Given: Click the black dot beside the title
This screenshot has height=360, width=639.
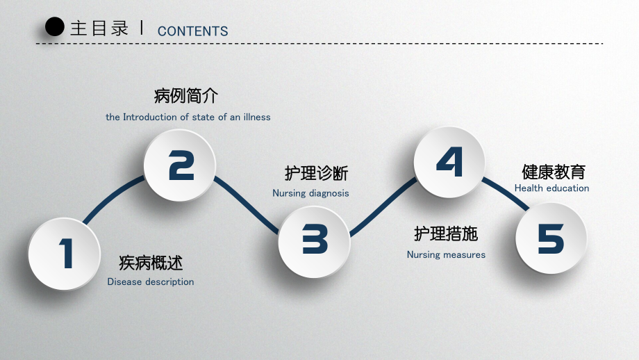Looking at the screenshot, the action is tap(55, 27).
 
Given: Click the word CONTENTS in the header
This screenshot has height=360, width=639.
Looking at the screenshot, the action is tap(193, 31).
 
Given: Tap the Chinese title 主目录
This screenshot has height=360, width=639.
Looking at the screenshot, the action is tap(99, 28).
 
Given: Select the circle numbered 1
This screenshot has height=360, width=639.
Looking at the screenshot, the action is tap(65, 254).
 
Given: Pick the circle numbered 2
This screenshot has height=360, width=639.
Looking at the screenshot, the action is tap(180, 165).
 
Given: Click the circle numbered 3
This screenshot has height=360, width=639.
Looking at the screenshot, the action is tap(314, 242).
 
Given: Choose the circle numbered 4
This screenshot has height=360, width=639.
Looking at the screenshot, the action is tap(449, 162).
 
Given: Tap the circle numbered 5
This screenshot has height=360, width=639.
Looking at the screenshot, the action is tap(551, 238).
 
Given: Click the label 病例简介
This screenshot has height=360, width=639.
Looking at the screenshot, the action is tap(186, 96).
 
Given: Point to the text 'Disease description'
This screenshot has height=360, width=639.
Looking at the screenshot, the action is tap(151, 281).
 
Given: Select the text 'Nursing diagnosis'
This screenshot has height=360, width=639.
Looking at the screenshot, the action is tap(310, 193).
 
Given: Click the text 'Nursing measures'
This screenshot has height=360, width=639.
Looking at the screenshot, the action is tap(446, 255).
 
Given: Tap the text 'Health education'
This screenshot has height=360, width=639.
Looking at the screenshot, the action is tap(551, 188).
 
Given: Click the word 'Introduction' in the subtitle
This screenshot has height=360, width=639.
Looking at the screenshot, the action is tap(150, 117).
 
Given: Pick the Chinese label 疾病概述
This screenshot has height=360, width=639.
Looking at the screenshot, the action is tap(151, 263).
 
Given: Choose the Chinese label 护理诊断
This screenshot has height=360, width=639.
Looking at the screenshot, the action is tap(316, 173).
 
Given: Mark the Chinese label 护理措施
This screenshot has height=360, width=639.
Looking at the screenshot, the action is tap(446, 234).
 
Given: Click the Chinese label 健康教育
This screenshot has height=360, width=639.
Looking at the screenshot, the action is tap(554, 172).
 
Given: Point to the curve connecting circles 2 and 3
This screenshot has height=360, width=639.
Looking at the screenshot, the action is tap(246, 204).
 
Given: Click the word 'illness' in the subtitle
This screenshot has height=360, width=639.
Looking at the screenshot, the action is tap(257, 117).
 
